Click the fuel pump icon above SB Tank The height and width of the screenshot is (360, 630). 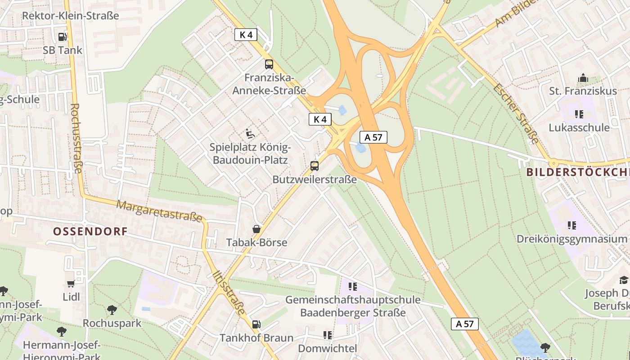[62, 36]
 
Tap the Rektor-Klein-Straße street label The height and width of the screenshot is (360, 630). [70, 16]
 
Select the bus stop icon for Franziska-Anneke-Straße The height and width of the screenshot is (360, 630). [269, 64]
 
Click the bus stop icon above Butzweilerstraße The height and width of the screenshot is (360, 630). [315, 166]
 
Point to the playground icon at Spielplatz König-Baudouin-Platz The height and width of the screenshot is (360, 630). [250, 134]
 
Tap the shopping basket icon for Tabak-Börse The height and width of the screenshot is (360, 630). [256, 229]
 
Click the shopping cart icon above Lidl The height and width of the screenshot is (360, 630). [71, 283]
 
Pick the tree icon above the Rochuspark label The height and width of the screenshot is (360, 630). [112, 310]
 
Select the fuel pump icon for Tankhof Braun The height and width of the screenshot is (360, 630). [256, 324]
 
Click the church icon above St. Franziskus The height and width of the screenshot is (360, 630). [583, 78]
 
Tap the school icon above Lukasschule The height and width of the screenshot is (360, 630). [579, 114]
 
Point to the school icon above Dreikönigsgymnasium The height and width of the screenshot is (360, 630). [571, 225]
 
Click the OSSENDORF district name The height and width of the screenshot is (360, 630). [90, 232]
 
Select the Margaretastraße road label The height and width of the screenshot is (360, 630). [159, 211]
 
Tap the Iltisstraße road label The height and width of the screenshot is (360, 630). [229, 293]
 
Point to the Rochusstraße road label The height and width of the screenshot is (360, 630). [76, 138]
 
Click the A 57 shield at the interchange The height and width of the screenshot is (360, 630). [373, 137]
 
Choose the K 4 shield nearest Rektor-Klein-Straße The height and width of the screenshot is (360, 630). [246, 35]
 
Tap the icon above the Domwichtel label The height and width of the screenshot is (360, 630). [327, 335]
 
